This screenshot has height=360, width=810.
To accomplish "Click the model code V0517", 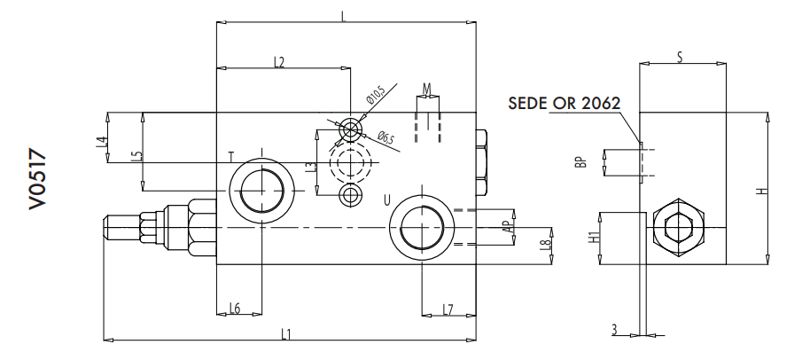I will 36,181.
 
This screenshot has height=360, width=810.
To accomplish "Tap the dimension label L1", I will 285,333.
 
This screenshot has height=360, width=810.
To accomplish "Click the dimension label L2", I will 278,62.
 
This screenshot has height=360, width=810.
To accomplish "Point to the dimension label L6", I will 234,308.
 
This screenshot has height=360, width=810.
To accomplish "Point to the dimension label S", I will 679,58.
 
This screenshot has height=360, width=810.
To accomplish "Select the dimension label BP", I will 580,163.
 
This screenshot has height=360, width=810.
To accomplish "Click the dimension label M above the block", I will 426,89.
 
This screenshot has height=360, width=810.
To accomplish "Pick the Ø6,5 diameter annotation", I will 385,137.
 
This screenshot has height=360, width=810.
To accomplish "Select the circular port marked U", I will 422,227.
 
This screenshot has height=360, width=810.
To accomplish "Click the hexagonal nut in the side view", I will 678,230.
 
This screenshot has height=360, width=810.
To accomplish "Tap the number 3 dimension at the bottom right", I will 612,330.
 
